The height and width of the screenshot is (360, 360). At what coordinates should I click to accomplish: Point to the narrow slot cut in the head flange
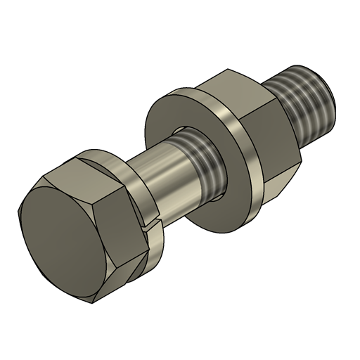[148, 226]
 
